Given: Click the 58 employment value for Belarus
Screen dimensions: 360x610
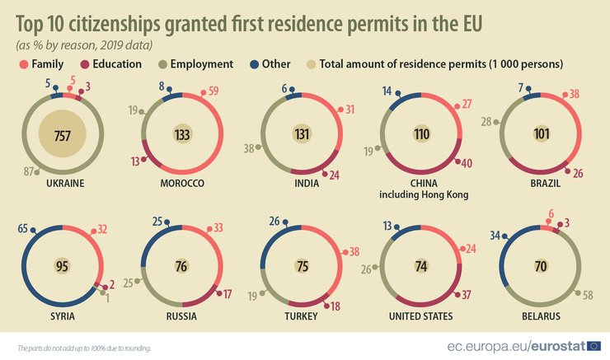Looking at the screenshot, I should coord(587,294).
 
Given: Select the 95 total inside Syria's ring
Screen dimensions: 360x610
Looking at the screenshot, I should coord(62,265).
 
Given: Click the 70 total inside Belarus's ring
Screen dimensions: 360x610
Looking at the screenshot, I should coord(542,265).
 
